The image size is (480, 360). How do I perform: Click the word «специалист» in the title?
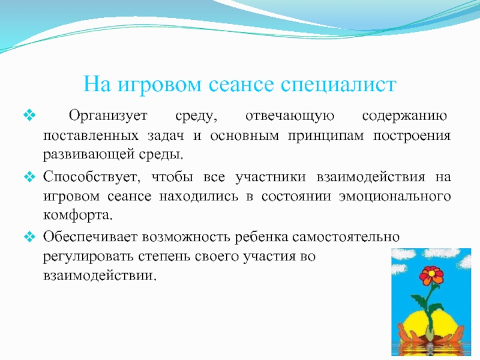[x=338, y=84]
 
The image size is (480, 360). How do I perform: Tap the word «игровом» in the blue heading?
[x=159, y=84]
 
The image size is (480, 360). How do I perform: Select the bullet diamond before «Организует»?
[x=29, y=115]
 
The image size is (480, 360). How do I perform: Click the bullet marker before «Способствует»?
[x=29, y=176]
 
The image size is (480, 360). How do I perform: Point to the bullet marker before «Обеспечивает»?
[x=29, y=236]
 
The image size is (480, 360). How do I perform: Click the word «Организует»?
[x=108, y=116]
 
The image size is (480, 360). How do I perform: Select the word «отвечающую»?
[x=290, y=116]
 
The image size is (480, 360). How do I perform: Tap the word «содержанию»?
[x=404, y=116]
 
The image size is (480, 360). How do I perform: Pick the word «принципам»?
[x=326, y=136]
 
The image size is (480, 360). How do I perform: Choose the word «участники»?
[x=271, y=177]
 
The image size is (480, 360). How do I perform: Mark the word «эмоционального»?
[x=395, y=196]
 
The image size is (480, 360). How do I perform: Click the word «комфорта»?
[x=78, y=215]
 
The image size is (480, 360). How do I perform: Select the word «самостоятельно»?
[x=346, y=237]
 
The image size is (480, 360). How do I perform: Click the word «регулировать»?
[x=88, y=257]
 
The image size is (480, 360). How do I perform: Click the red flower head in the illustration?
[x=431, y=275]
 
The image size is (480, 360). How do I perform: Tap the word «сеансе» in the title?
[x=241, y=84]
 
